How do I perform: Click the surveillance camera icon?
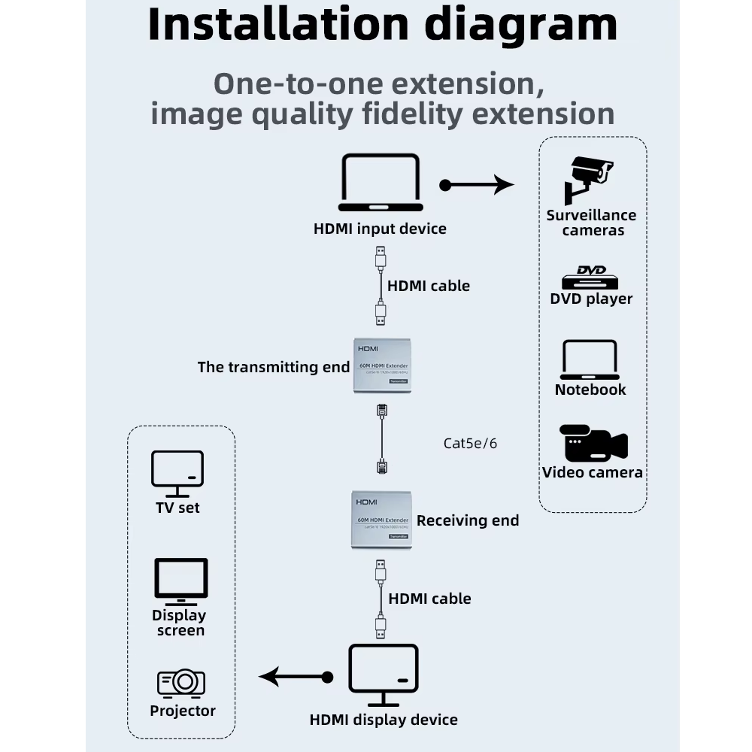click(589, 179)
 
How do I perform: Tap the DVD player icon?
click(590, 277)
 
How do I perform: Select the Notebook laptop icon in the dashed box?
click(590, 360)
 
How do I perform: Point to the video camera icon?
click(593, 444)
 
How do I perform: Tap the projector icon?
click(181, 683)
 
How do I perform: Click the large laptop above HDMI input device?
click(381, 183)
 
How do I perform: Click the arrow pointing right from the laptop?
click(477, 184)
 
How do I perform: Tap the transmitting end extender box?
click(382, 366)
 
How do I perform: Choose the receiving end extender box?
click(381, 519)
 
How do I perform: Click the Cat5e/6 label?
click(470, 443)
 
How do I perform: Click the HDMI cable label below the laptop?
click(429, 286)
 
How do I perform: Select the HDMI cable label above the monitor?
click(429, 599)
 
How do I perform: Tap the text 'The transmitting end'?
click(274, 367)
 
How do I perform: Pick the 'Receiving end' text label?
click(468, 520)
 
